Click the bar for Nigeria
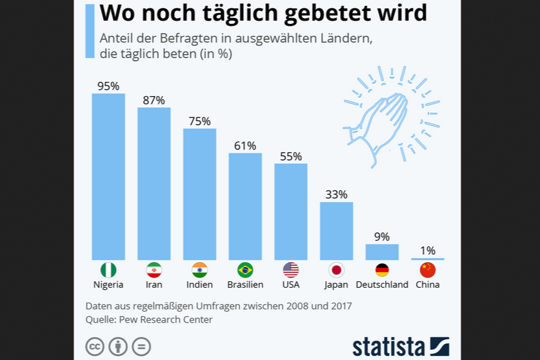coord(108,177)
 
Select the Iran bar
coord(154,183)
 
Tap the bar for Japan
coord(337,230)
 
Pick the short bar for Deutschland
coord(382,252)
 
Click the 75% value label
coord(199,121)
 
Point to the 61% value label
coord(245,146)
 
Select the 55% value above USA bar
coord(291,156)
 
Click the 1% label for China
coord(428,250)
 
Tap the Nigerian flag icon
coord(108,270)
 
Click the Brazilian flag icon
coord(245,270)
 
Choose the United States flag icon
coord(291,270)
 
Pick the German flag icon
coord(382,270)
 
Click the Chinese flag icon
coord(428,270)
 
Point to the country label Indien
coord(199,285)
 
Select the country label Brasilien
coord(245,285)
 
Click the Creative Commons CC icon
coord(95,346)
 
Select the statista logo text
coord(389,346)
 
